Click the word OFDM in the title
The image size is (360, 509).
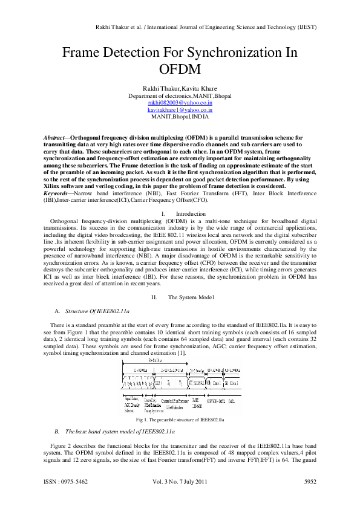(180, 68)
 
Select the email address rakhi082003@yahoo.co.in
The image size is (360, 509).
(180, 103)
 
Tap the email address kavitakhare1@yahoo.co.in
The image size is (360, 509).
(180, 111)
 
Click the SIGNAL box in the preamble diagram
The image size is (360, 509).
(197, 383)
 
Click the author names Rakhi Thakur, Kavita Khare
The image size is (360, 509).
(180, 88)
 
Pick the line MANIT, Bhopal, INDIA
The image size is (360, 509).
(180, 118)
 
